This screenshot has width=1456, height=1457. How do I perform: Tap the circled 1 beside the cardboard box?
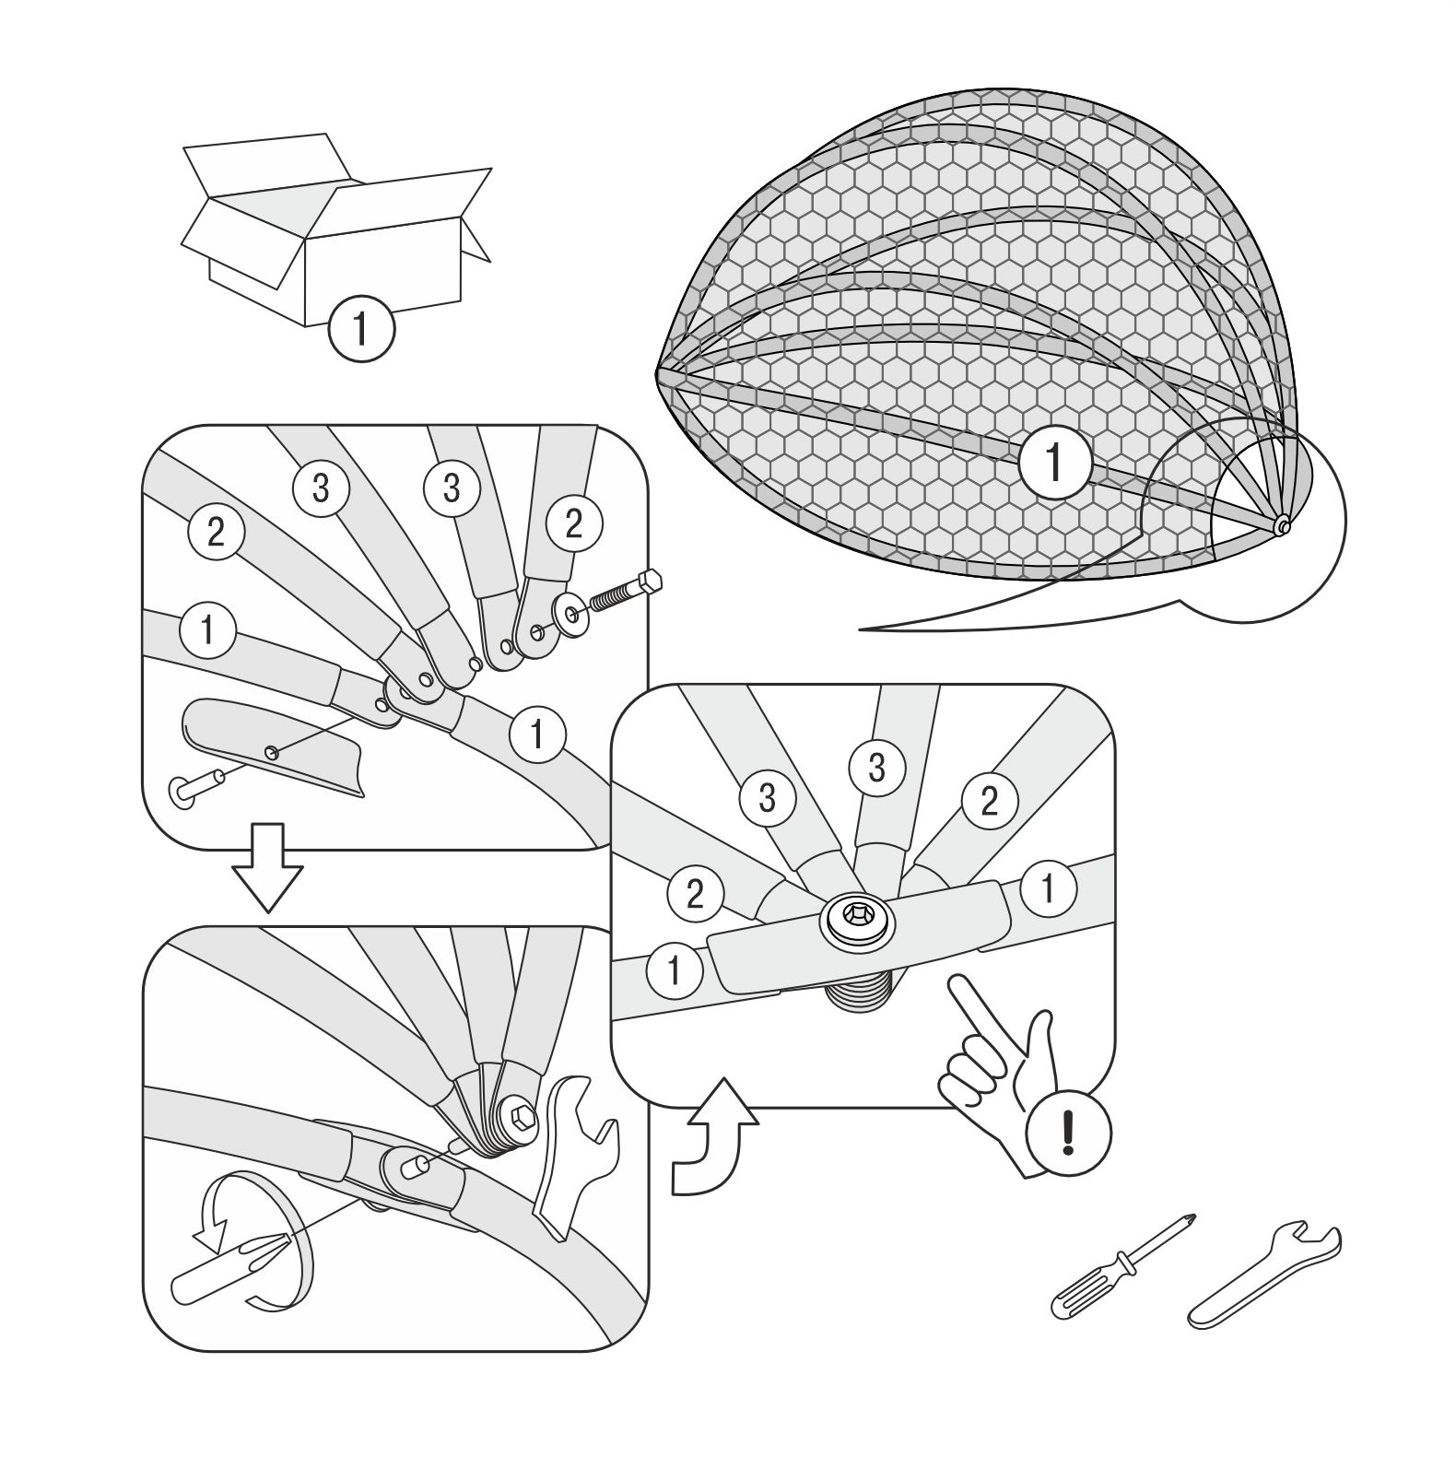click(361, 329)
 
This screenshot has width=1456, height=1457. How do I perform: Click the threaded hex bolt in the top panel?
click(626, 593)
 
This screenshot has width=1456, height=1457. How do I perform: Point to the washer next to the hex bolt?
click(568, 615)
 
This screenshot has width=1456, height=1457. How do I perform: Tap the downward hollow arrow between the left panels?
click(267, 867)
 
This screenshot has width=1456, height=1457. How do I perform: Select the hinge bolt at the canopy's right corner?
click(1282, 526)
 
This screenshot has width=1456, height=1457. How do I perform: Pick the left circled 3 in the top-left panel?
click(320, 488)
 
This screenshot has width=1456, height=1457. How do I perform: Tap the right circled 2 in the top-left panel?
click(573, 523)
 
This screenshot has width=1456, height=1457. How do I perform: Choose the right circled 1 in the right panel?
click(1048, 888)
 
